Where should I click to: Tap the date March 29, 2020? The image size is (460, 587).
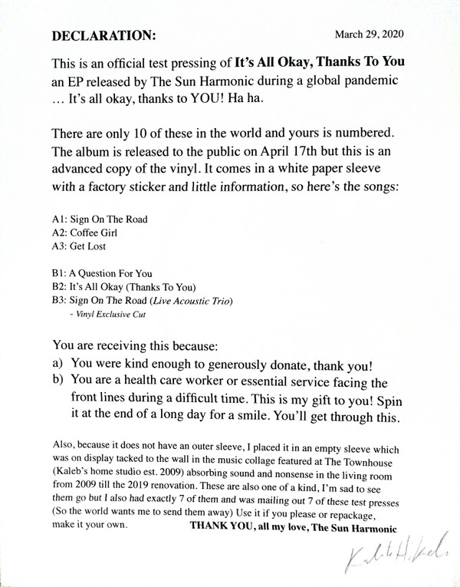[370, 35]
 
